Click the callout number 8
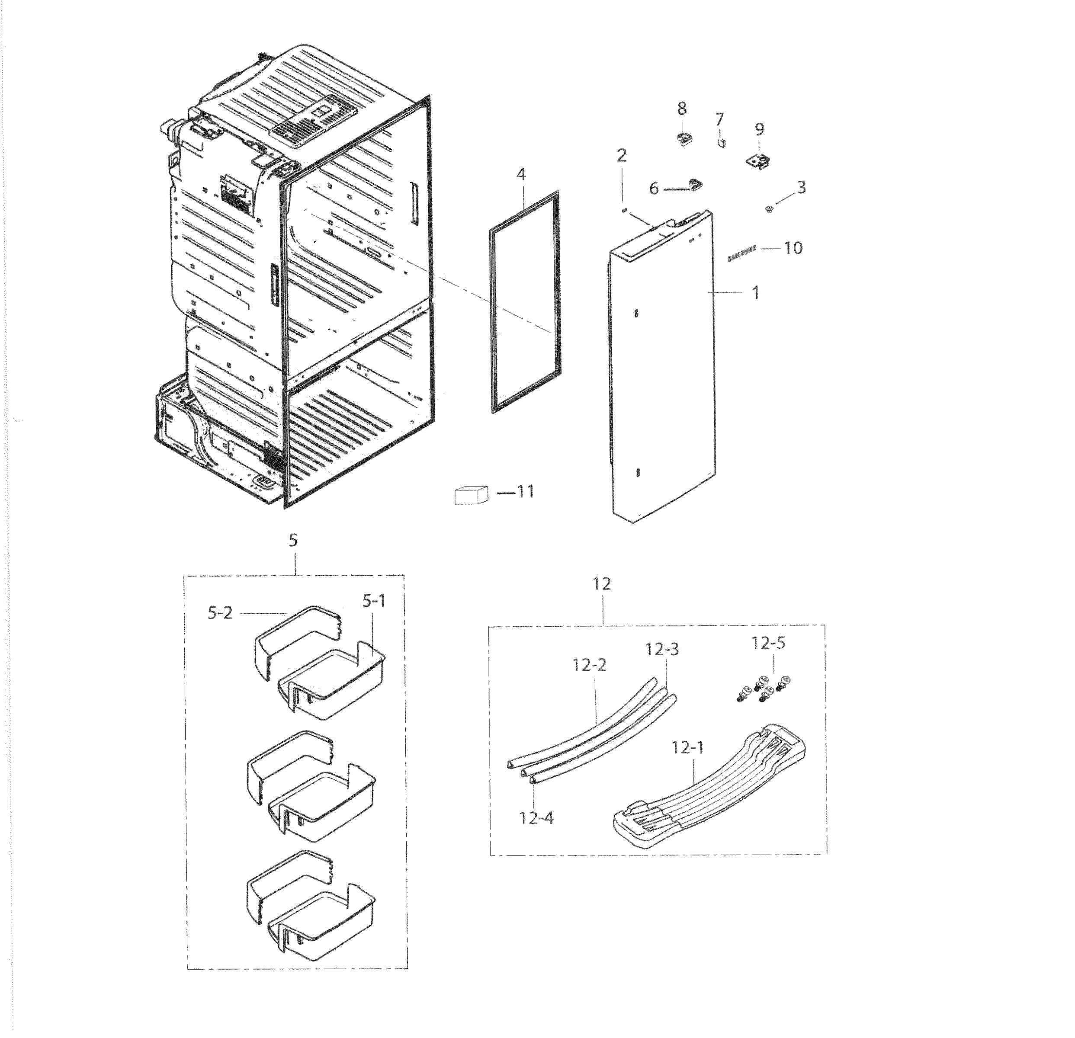tap(681, 109)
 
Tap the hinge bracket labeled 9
tap(759, 162)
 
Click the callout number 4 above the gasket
tap(520, 174)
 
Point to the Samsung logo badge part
tap(741, 254)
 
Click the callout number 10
tap(793, 248)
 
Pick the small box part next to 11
tap(471, 495)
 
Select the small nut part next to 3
tap(769, 208)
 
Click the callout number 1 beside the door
tap(755, 293)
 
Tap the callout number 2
tap(621, 156)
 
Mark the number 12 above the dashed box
tap(602, 584)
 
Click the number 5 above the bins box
tap(293, 540)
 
